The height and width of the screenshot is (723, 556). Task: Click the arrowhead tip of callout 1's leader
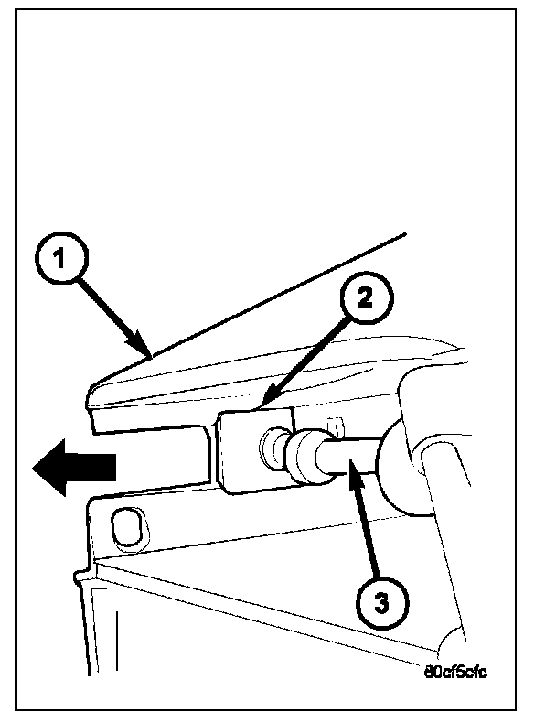point(150,355)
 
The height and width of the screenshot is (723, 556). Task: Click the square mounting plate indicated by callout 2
point(241,452)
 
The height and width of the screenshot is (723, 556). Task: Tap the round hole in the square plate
point(271,448)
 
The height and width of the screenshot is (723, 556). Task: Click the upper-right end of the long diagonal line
point(404,236)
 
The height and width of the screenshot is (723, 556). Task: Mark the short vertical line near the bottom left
point(116,641)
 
